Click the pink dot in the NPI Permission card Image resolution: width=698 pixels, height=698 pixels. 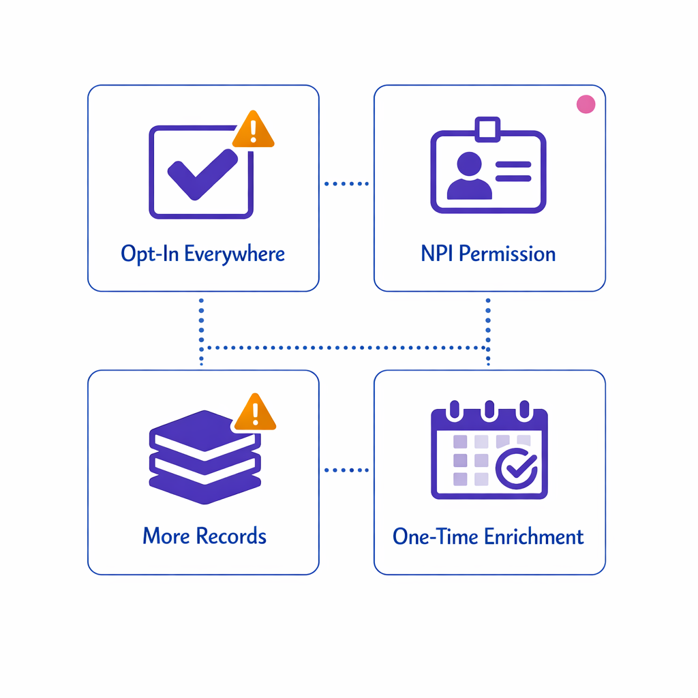coord(586,104)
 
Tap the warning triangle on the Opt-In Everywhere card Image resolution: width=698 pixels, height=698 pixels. coord(253,130)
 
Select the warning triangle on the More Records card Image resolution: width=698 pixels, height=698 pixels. coord(254,413)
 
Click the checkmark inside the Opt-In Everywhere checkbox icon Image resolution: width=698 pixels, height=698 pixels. coord(202,174)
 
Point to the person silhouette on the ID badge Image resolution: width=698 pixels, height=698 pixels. coord(469,177)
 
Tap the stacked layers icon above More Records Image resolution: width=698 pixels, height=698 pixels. coord(204,457)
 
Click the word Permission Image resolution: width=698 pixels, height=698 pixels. coord(506,254)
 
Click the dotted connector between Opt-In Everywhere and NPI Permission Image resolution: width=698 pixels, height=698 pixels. coord(346,183)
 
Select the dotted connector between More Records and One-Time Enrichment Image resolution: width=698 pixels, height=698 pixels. coord(346,470)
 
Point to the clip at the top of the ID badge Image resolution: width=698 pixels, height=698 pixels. coord(488,128)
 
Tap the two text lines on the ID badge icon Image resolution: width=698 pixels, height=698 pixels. coord(513,171)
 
